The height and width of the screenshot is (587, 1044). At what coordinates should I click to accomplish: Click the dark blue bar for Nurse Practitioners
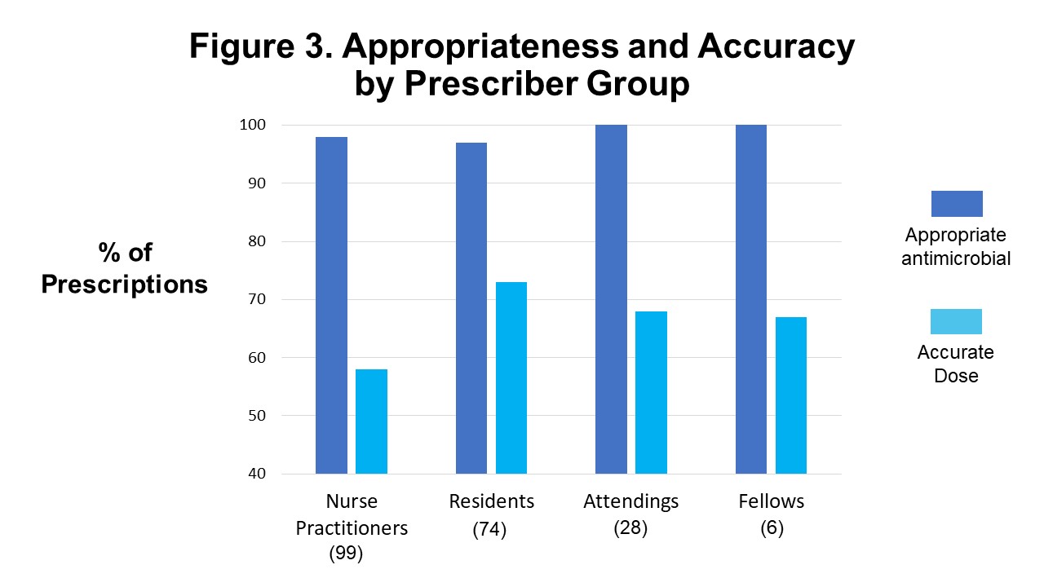coord(331,305)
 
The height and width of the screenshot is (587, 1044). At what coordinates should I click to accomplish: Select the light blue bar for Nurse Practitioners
coord(371,421)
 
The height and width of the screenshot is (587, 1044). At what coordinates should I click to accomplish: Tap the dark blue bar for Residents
coord(471,308)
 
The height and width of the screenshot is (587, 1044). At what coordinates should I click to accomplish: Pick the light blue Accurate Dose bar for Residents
coord(511,377)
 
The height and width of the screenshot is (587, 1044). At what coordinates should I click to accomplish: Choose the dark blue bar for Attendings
coord(611,299)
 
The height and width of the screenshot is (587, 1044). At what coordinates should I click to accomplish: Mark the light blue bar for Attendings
coord(651,392)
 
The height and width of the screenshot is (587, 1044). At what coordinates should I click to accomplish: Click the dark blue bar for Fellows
coord(750,299)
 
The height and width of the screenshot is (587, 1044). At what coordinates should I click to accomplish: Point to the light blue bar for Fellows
coord(790,395)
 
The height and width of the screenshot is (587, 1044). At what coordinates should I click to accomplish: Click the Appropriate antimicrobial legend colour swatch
coord(956,203)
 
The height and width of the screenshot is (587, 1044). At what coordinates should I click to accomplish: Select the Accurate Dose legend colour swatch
coord(956,321)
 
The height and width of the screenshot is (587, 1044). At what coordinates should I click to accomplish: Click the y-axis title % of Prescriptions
coord(125,268)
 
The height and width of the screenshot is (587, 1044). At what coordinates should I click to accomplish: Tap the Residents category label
coord(491,501)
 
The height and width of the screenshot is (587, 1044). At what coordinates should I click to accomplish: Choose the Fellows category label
coord(771,501)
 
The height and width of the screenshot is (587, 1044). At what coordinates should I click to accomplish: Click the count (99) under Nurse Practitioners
coord(346,554)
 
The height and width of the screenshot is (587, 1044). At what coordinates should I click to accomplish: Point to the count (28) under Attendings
coord(630,527)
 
